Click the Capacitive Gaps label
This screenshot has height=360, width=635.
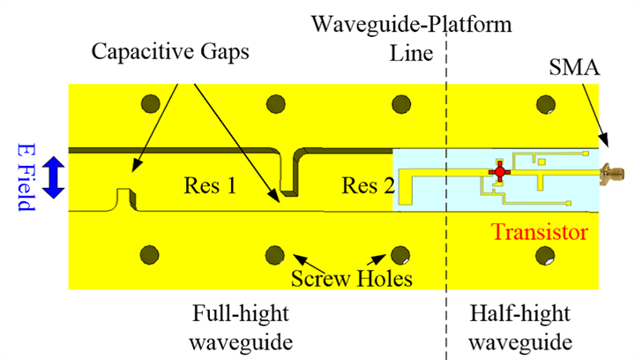click(169, 52)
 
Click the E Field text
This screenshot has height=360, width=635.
click(24, 177)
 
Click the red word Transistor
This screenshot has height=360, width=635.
click(540, 233)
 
